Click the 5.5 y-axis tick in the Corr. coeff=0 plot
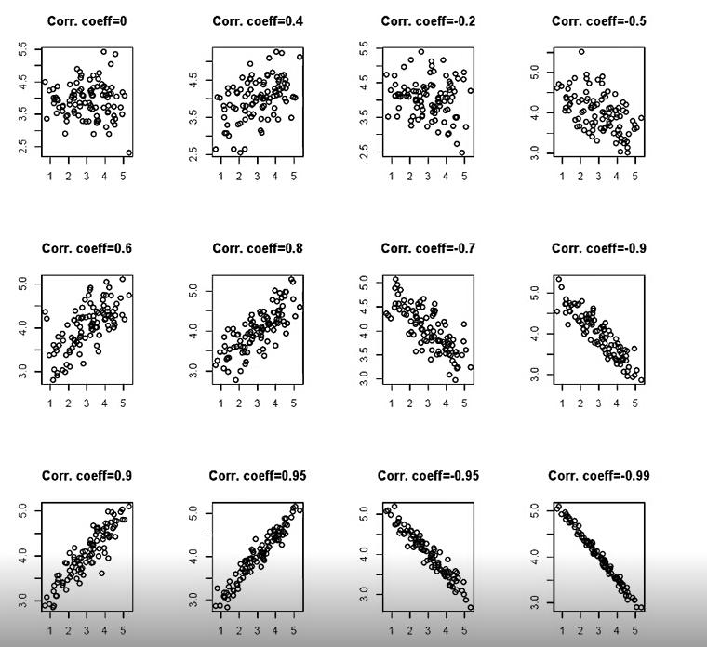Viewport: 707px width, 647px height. pos(23,52)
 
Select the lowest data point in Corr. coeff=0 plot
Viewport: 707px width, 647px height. pos(128,153)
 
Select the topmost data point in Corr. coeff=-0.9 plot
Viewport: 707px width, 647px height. pos(558,279)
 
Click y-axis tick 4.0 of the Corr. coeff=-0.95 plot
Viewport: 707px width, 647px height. pos(364,554)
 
